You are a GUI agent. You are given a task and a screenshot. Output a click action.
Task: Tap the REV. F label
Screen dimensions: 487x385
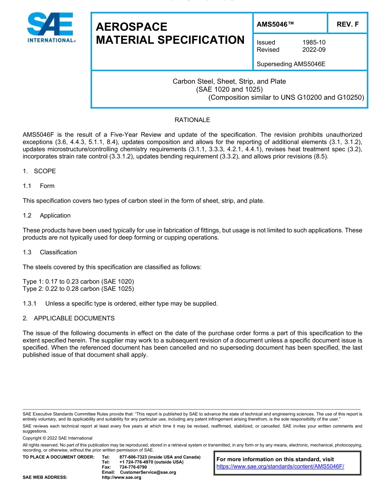click(347, 24)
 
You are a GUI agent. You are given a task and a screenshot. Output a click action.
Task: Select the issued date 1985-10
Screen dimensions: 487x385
click(314, 42)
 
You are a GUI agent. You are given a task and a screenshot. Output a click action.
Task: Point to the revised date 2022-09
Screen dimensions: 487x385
click(314, 49)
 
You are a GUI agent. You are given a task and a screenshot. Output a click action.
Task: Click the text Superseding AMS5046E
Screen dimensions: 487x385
click(291, 64)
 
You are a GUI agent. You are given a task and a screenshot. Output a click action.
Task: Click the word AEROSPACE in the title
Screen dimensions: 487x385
click(131, 27)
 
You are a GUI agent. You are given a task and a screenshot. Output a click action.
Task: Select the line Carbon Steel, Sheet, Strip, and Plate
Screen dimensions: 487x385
click(229, 81)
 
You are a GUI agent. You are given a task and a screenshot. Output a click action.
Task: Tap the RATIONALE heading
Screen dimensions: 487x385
click(192, 120)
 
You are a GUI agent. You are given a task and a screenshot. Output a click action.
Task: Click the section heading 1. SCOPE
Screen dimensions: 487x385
click(39, 171)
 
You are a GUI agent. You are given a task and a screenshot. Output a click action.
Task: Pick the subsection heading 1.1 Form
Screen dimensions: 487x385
click(38, 186)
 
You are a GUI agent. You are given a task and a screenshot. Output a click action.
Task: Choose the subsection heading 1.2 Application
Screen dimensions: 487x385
click(47, 216)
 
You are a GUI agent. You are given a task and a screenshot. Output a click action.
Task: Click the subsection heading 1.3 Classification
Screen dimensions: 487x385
click(50, 252)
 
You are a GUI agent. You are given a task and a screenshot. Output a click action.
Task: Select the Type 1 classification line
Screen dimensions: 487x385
click(78, 282)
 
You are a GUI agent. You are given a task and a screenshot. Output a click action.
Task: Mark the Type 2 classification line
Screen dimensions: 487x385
click(78, 289)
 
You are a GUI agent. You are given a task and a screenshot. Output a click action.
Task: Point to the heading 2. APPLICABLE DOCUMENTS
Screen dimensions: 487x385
click(68, 318)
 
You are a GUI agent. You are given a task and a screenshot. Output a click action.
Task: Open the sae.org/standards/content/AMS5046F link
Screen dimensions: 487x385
click(280, 466)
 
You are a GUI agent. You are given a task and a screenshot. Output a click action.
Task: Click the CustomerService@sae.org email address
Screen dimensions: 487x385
click(148, 472)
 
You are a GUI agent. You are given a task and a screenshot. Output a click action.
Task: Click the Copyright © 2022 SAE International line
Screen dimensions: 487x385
click(58, 438)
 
